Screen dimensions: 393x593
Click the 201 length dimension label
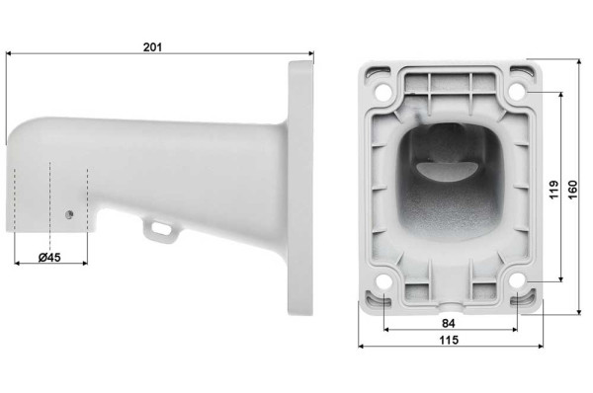(x=151, y=46)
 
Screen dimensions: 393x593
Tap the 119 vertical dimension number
(x=556, y=188)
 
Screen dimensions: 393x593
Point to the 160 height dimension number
(x=574, y=186)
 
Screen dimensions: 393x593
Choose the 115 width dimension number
(x=448, y=340)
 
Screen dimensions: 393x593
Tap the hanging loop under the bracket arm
(x=158, y=228)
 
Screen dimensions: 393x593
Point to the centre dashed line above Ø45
(x=49, y=197)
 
